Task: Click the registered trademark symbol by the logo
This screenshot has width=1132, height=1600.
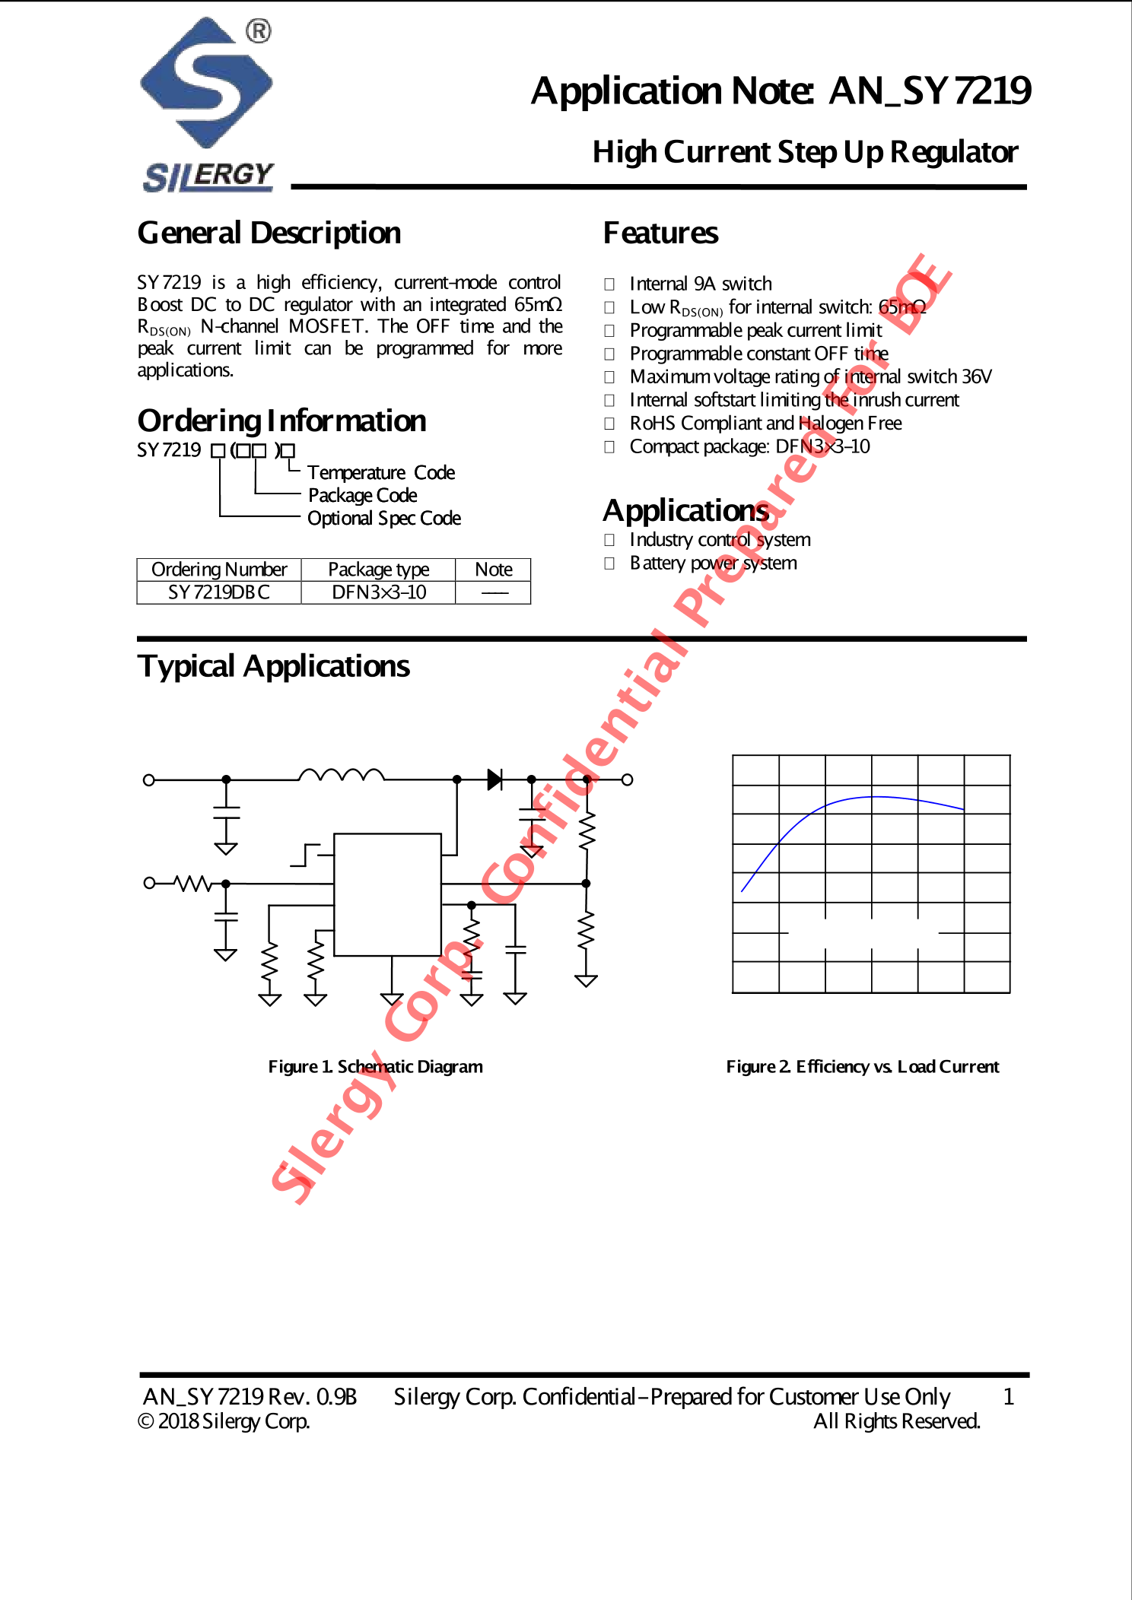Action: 259,31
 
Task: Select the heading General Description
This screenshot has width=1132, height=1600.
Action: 269,233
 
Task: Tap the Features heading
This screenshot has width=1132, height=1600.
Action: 660,233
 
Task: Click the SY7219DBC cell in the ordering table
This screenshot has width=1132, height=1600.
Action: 219,592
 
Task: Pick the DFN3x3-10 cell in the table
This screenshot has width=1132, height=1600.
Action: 379,592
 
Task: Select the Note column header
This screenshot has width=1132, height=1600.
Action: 493,570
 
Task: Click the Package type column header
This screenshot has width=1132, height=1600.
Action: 378,570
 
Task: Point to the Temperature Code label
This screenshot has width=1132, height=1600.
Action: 380,472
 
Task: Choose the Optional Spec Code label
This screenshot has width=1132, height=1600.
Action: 383,518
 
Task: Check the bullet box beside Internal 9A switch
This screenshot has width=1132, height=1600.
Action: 609,284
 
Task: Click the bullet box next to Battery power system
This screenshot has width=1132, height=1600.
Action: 609,563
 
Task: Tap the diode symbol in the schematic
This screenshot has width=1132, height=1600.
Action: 494,779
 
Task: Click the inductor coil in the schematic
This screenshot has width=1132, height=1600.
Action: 342,776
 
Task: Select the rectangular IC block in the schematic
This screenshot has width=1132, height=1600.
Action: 387,894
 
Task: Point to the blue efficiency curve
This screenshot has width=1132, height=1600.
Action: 875,797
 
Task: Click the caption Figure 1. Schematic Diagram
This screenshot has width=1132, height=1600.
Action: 375,1066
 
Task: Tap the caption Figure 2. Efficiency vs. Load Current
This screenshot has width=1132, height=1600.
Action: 862,1066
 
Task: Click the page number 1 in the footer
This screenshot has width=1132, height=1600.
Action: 1008,1396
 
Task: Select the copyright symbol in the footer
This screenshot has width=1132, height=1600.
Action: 145,1421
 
